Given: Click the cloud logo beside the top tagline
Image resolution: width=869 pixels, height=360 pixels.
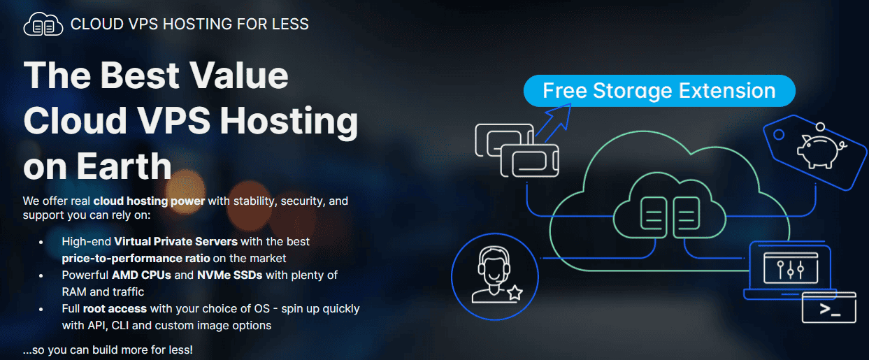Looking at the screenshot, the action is pyautogui.click(x=43, y=24).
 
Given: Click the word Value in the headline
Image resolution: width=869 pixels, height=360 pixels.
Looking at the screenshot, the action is pyautogui.click(x=238, y=75).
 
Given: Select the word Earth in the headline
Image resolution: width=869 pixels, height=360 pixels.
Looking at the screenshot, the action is pyautogui.click(x=124, y=166).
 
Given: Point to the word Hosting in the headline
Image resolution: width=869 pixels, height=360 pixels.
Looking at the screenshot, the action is pyautogui.click(x=289, y=122).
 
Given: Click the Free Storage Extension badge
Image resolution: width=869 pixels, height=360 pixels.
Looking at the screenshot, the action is pyautogui.click(x=659, y=91).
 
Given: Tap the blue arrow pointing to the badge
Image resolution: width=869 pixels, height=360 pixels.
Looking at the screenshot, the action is pyautogui.click(x=554, y=122).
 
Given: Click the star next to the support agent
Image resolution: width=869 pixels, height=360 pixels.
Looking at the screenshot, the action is pyautogui.click(x=515, y=292).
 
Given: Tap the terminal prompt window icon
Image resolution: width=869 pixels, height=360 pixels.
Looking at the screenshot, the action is pyautogui.click(x=828, y=308).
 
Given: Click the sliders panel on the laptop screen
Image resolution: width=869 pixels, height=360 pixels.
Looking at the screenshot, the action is pyautogui.click(x=791, y=268).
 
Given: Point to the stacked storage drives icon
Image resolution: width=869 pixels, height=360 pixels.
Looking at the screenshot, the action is pyautogui.click(x=517, y=150).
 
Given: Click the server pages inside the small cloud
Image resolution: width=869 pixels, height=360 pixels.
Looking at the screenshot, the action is pyautogui.click(x=670, y=217).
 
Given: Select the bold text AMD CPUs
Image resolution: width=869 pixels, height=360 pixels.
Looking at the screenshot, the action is pyautogui.click(x=142, y=275).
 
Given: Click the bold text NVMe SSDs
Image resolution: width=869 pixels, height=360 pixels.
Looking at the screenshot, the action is pyautogui.click(x=230, y=275).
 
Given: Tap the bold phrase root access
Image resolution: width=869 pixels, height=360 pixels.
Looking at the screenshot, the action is pyautogui.click(x=115, y=309).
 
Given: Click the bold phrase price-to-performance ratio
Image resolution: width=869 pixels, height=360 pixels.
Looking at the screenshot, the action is pyautogui.click(x=136, y=259).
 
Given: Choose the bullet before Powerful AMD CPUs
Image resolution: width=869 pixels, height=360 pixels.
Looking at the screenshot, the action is pyautogui.click(x=41, y=276).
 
